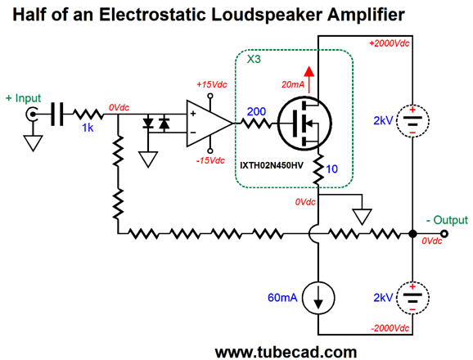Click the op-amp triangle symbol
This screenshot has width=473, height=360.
tap(208, 124)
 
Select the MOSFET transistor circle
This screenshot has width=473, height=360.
tap(304, 124)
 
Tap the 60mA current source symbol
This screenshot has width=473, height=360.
tap(318, 298)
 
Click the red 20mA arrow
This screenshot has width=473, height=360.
tap(309, 79)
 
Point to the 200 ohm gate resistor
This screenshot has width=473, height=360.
tap(256, 124)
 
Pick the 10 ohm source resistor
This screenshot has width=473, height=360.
tap(318, 169)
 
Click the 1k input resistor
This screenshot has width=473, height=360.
tap(88, 115)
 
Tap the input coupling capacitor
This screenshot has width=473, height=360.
tap(56, 115)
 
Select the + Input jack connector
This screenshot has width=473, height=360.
tap(31, 115)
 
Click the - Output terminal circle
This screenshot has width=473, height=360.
tap(444, 234)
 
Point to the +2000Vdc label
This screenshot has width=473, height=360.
tap(390, 43)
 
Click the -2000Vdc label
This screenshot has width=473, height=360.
tap(390, 328)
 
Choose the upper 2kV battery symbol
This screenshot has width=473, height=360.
tap(412, 120)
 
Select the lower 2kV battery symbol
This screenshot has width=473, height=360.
tap(412, 298)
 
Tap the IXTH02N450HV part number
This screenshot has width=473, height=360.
tap(272, 165)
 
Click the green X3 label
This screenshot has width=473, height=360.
tap(254, 60)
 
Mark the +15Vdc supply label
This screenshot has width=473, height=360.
tap(211, 84)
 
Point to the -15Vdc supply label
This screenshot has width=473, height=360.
tap(210, 160)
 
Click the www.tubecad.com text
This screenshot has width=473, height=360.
tap(286, 352)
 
